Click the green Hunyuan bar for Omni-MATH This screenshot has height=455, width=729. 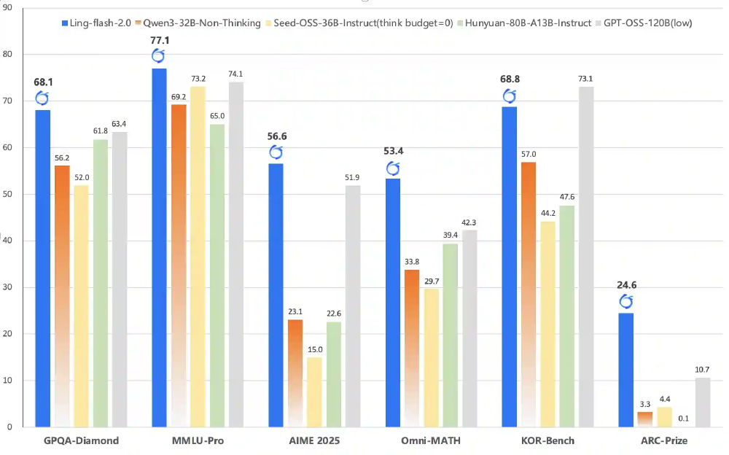[x=451, y=335]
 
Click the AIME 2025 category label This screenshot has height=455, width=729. [x=314, y=441]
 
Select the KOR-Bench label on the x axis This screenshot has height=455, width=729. [x=547, y=441]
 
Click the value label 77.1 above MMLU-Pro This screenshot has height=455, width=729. [x=159, y=41]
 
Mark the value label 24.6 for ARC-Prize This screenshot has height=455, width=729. [x=627, y=285]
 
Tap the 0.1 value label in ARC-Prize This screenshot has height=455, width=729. [x=684, y=418]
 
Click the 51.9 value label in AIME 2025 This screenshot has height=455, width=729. [x=353, y=177]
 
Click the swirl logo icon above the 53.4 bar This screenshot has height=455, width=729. [x=392, y=169]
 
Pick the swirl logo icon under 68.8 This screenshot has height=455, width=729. [x=510, y=96]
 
